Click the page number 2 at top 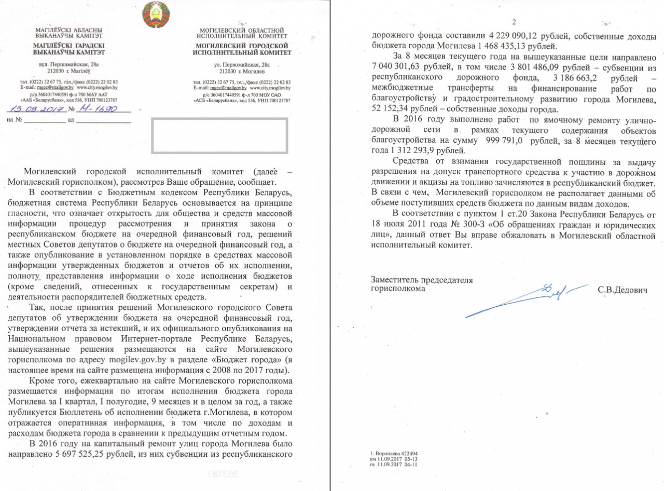click(514, 22)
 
